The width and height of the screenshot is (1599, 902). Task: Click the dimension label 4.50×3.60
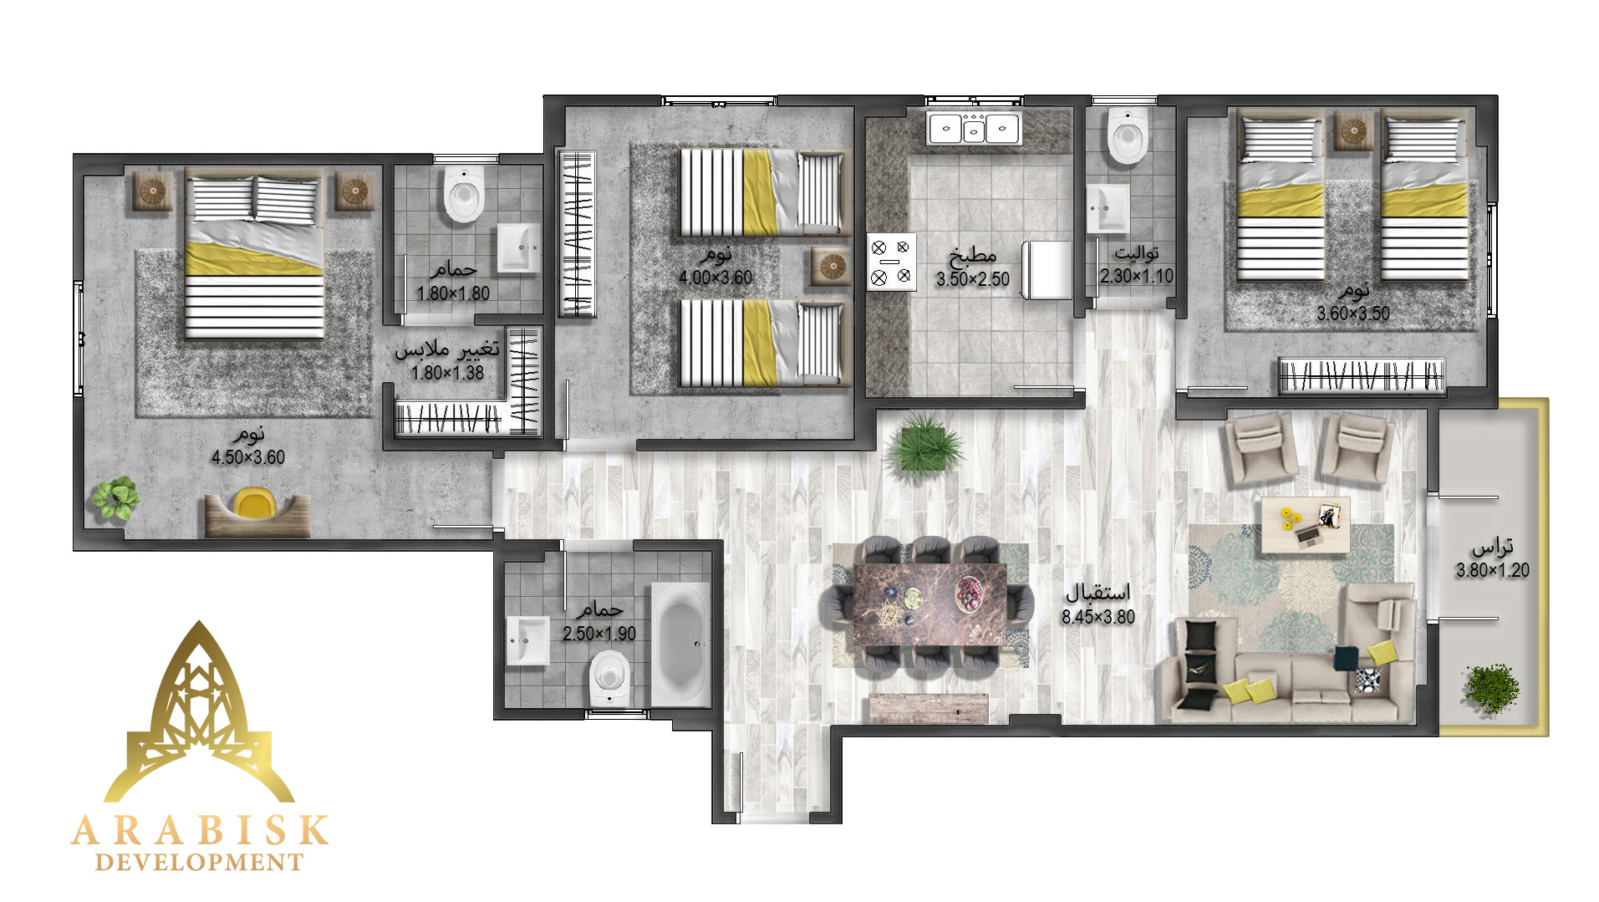pyautogui.click(x=247, y=457)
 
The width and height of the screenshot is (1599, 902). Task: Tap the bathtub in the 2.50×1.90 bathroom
pyautogui.click(x=680, y=645)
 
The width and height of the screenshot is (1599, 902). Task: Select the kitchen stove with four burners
pyautogui.click(x=891, y=262)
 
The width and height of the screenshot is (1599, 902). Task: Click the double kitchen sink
pyautogui.click(x=974, y=129)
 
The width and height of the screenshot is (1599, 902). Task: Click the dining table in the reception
pyautogui.click(x=930, y=604)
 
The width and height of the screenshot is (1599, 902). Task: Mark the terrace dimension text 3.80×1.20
pyautogui.click(x=1492, y=571)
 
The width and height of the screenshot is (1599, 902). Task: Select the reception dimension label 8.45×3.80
pyautogui.click(x=1098, y=617)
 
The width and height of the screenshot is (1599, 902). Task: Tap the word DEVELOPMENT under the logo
pyautogui.click(x=199, y=863)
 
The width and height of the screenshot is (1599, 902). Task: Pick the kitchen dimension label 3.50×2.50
pyautogui.click(x=973, y=279)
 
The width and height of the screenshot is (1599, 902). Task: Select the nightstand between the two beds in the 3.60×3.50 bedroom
pyautogui.click(x=1353, y=131)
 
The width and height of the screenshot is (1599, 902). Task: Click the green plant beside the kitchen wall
pyautogui.click(x=924, y=446)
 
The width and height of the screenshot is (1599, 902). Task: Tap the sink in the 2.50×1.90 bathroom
pyautogui.click(x=528, y=641)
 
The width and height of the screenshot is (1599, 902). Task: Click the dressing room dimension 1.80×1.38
pyautogui.click(x=447, y=373)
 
